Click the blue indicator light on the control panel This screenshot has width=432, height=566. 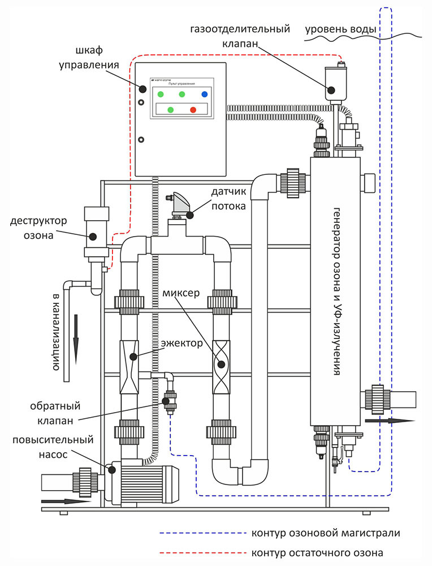pyautogui.click(x=204, y=94)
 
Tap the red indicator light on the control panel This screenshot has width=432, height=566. pyautogui.click(x=193, y=109)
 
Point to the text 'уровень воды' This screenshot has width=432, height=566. pyautogui.click(x=340, y=28)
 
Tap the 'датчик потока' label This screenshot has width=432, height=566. pyautogui.click(x=228, y=200)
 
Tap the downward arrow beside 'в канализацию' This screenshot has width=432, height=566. pyautogui.click(x=75, y=340)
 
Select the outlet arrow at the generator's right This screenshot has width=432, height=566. pyautogui.click(x=390, y=421)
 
